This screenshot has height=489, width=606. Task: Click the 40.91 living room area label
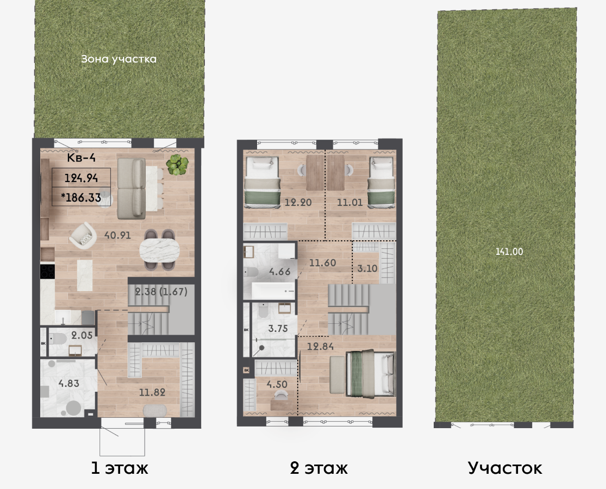117,235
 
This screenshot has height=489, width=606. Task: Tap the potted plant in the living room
177,165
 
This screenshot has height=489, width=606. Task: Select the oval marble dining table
159,250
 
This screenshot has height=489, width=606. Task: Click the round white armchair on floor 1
83,235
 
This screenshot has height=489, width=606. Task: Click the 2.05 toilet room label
82,335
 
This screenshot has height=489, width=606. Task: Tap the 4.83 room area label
69,383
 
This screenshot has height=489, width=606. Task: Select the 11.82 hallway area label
152,392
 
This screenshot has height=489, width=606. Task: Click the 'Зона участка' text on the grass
118,59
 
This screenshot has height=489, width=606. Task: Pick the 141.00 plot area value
509,252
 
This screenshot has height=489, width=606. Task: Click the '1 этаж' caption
120,468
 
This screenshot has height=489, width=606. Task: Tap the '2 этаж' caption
319,468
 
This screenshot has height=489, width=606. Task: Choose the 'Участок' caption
505,468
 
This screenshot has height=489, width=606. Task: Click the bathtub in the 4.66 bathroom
274,291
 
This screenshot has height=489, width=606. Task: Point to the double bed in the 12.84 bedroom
371,373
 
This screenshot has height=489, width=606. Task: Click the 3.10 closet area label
367,268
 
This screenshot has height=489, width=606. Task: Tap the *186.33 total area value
81,198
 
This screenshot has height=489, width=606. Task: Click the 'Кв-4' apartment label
81,158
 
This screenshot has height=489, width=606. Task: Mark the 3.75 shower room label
278,328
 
